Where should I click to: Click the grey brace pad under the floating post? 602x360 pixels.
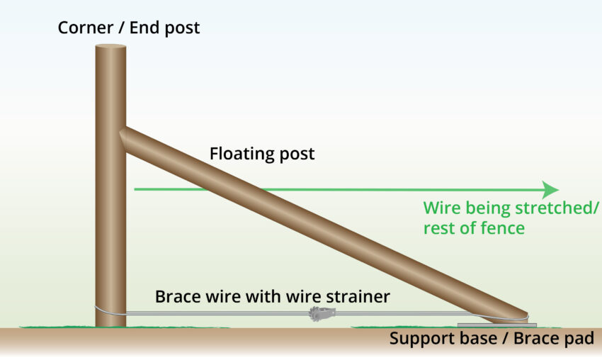(x=496, y=325)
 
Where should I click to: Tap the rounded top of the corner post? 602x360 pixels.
(x=110, y=46)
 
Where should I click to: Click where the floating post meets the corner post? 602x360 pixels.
(x=124, y=138)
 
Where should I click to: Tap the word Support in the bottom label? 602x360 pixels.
(x=421, y=339)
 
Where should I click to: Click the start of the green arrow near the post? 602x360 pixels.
(x=137, y=190)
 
